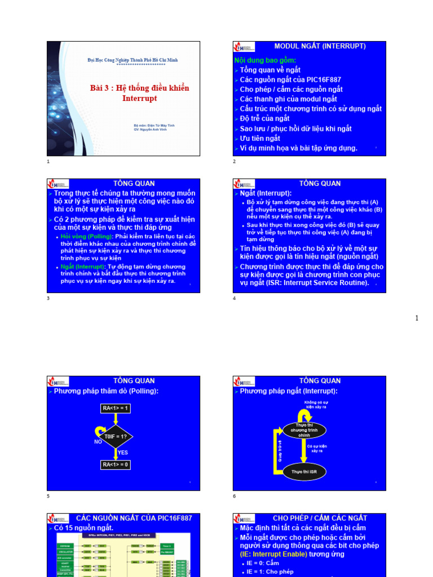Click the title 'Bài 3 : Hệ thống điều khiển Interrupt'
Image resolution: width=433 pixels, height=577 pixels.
[x=139, y=93]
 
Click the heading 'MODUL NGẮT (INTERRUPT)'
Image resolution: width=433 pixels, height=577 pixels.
[x=320, y=46]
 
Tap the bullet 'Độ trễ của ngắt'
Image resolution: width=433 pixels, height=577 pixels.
[x=264, y=118]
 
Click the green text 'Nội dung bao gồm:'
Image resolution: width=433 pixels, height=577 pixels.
[x=265, y=60]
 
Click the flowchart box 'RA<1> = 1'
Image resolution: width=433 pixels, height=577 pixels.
[x=115, y=408]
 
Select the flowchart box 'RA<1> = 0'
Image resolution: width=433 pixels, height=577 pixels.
[x=115, y=465]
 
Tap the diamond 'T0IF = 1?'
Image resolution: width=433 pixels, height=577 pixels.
[x=116, y=436]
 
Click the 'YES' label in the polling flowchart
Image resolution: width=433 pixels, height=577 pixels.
[x=123, y=452]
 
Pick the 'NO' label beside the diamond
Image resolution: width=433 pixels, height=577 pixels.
[x=98, y=442]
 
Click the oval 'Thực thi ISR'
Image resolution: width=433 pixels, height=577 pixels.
[x=304, y=471]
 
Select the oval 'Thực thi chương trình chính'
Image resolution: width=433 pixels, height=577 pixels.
[x=304, y=430]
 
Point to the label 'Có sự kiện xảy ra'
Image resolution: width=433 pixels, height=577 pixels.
[x=317, y=449]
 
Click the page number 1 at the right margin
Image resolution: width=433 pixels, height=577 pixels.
[x=417, y=318]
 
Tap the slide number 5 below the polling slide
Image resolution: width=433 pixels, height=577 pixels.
[x=48, y=496]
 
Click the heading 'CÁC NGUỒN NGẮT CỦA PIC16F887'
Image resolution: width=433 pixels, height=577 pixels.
[x=134, y=518]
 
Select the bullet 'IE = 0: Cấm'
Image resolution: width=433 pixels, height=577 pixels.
[x=263, y=563]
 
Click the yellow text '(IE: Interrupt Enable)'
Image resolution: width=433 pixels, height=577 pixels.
[x=272, y=554]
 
